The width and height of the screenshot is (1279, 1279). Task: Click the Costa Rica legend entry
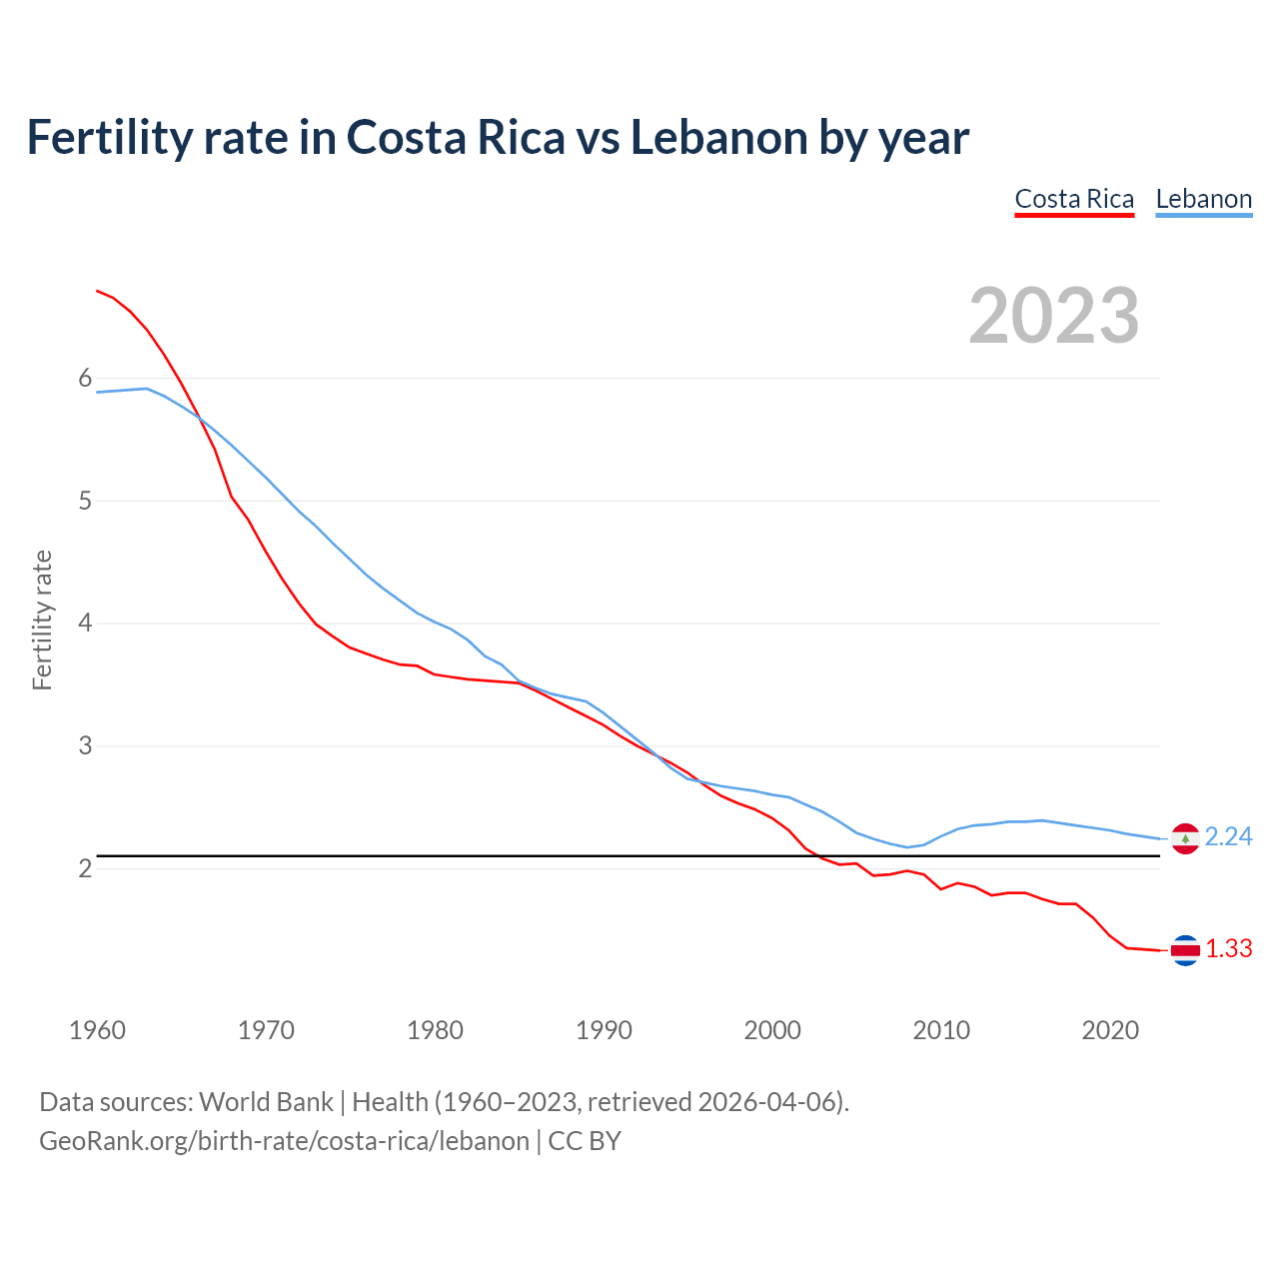[x=1074, y=199]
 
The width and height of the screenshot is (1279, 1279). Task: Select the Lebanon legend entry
[x=1203, y=199]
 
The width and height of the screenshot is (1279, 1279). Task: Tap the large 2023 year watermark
[x=1054, y=316]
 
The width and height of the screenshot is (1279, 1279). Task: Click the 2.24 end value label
[x=1228, y=837]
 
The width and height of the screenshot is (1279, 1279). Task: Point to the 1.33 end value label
[x=1228, y=949]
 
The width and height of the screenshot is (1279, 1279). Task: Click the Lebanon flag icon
[x=1185, y=838]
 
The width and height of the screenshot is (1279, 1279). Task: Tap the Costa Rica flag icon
[x=1185, y=950]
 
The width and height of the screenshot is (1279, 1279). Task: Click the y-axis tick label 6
[x=85, y=379]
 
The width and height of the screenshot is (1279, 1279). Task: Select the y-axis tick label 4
[x=85, y=624]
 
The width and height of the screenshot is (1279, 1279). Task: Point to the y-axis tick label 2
[x=85, y=869]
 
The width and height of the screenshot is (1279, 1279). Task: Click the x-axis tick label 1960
[x=97, y=1030]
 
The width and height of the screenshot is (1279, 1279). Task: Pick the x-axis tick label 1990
[x=604, y=1030]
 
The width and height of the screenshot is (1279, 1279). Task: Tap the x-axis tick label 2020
[x=1110, y=1030]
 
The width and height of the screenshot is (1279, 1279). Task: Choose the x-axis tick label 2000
[x=772, y=1030]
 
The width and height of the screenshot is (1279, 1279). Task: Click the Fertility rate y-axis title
[x=42, y=620]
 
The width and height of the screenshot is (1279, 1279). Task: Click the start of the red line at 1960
[x=97, y=291]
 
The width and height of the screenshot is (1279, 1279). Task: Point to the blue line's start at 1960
[x=97, y=392]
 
